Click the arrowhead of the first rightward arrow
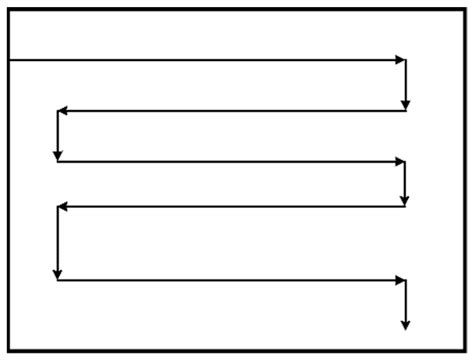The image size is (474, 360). coord(402,60)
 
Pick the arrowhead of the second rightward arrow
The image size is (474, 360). coord(402,161)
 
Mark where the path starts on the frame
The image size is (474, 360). coord(9,60)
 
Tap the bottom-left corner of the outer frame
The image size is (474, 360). coord(8,350)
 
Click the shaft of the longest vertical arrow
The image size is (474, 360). coord(58,240)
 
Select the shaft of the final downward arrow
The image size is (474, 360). coord(405,300)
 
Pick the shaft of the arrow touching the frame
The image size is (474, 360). coord(200,60)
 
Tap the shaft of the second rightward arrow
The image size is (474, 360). coord(230,161)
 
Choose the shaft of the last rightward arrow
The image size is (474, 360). coord(230,280)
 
